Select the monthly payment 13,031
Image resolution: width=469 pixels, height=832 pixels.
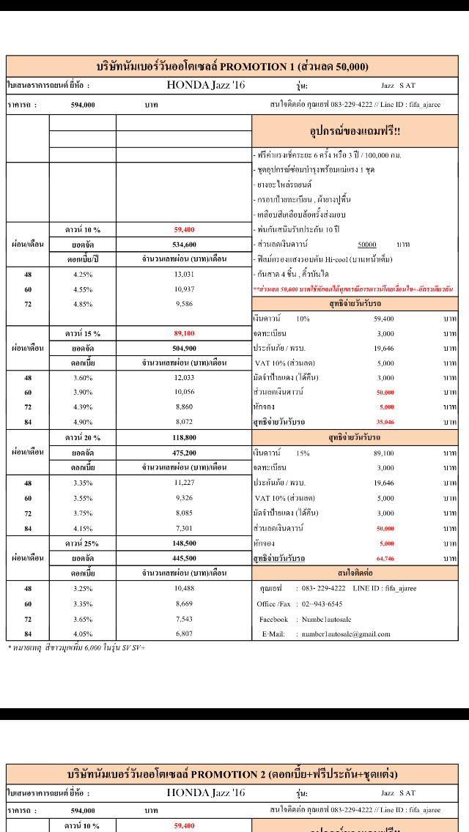(x=184, y=274)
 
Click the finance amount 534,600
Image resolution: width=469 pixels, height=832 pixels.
(x=184, y=244)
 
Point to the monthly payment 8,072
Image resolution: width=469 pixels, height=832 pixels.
(x=184, y=422)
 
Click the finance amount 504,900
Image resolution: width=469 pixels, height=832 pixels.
(x=184, y=348)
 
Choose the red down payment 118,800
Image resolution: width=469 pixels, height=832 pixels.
(x=184, y=437)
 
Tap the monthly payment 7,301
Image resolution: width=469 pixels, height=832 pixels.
(x=184, y=528)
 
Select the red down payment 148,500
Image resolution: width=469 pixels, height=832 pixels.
(x=184, y=543)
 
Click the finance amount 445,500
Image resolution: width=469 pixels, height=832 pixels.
(x=184, y=558)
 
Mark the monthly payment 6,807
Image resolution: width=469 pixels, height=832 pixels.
(x=184, y=634)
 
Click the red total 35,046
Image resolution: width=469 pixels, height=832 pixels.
(x=384, y=422)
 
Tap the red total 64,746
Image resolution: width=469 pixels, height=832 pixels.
(x=384, y=558)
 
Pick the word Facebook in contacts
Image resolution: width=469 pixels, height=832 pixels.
(x=274, y=619)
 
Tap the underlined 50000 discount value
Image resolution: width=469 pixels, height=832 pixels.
(x=367, y=244)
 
